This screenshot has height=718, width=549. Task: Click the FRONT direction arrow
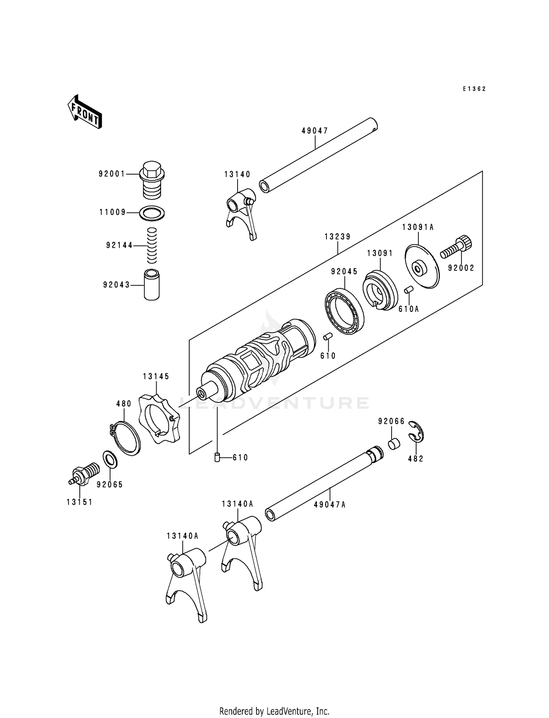point(84,112)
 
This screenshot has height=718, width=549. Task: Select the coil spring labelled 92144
point(152,245)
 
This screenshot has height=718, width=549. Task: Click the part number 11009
point(112,212)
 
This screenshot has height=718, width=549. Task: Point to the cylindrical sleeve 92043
point(152,285)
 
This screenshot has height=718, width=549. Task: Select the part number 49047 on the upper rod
point(315,131)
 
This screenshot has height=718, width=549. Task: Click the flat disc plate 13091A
point(422,266)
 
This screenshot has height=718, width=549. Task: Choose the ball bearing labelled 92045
point(344,311)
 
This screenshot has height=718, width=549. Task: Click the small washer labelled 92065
point(110,459)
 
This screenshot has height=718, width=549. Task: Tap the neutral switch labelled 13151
point(83,475)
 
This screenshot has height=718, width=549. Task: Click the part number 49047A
point(329,505)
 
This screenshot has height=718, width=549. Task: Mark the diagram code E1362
point(474,89)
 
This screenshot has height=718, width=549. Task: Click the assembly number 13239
point(337,237)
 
